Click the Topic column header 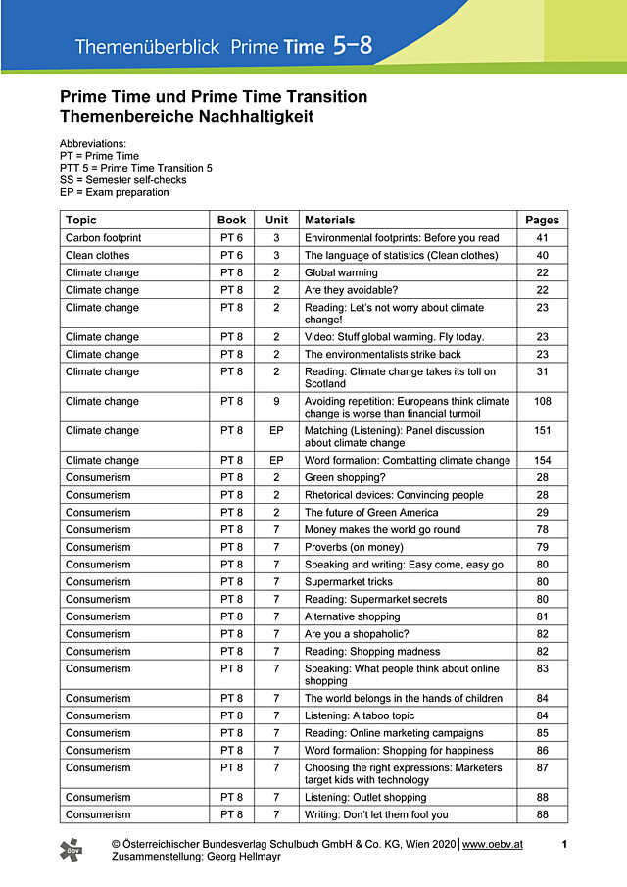point(81,220)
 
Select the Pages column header point(542,220)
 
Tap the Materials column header point(330,220)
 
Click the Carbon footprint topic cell point(103,238)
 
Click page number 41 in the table point(542,238)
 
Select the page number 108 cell point(542,401)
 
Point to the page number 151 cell point(542,430)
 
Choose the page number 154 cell point(542,460)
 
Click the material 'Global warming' point(341,272)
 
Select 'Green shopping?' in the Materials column point(346,477)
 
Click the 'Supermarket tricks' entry point(349,581)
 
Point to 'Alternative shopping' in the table point(353,616)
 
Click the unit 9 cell point(276,401)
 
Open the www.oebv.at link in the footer point(493,843)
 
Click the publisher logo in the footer point(72,849)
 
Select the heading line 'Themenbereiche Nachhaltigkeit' point(187,116)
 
